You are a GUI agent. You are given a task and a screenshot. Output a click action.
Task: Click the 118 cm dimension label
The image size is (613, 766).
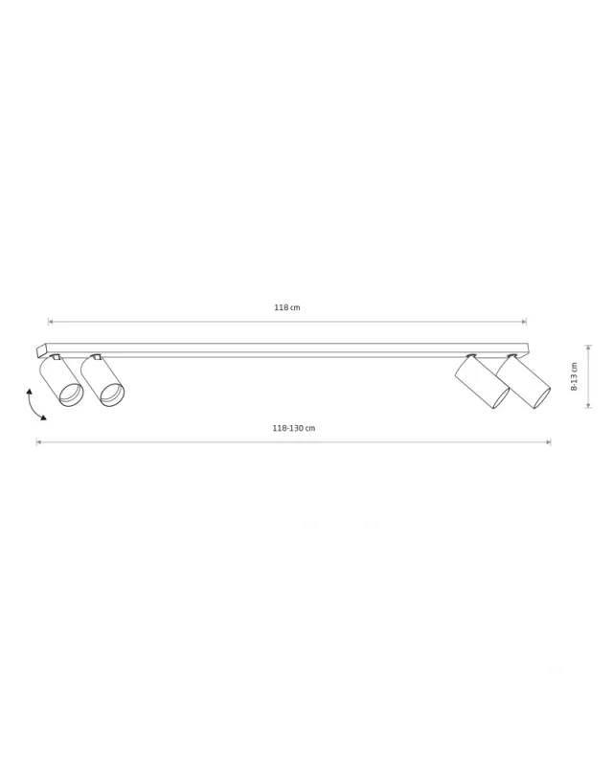pyautogui.click(x=287, y=307)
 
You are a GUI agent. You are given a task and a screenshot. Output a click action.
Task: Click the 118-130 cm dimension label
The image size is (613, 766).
pyautogui.click(x=294, y=428)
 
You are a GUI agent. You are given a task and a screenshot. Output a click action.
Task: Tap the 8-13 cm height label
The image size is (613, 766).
pyautogui.click(x=575, y=376)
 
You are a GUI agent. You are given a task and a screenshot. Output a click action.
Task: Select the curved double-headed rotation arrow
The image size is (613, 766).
pyautogui.click(x=34, y=405)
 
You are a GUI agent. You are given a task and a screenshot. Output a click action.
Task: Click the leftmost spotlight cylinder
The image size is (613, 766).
pyautogui.click(x=61, y=381)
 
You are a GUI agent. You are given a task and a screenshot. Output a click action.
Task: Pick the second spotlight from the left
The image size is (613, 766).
pyautogui.click(x=102, y=381)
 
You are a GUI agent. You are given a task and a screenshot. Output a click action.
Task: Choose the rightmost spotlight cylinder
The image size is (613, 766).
pyautogui.click(x=524, y=382)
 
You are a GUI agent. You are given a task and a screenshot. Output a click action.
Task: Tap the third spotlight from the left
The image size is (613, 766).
pyautogui.click(x=482, y=382)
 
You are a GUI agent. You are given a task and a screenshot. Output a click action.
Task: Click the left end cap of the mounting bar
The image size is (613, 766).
pyautogui.click(x=41, y=351)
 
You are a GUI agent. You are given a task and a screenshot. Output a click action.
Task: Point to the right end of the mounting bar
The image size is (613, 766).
pyautogui.click(x=529, y=350)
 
